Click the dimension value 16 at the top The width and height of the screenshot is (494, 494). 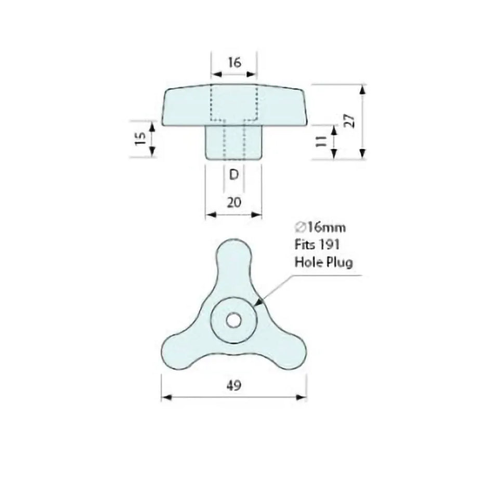235,62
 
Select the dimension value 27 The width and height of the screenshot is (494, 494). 350,121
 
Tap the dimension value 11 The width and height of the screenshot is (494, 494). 320,141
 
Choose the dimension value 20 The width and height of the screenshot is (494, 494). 234,202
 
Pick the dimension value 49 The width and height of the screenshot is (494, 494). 233,385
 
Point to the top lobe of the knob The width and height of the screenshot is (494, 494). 233,255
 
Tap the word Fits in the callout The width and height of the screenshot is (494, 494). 304,244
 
